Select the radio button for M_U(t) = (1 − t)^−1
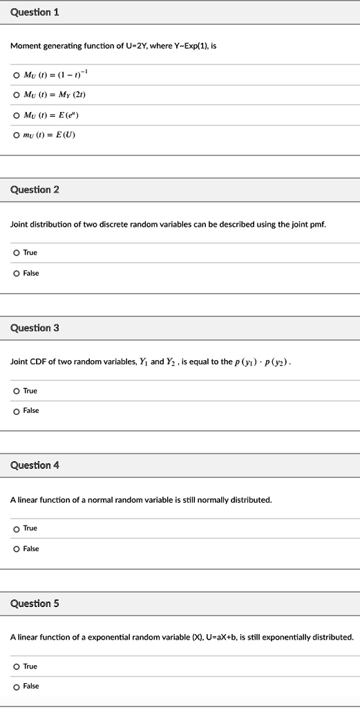[16, 75]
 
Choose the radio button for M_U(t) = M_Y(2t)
[16, 95]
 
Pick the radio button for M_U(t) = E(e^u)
[16, 115]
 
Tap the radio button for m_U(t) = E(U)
[16, 134]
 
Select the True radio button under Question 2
[16, 253]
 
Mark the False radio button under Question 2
[16, 273]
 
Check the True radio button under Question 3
[16, 391]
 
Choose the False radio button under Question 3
[16, 411]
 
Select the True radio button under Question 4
[16, 529]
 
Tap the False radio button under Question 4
[16, 549]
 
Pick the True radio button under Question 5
[16, 667]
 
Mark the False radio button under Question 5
[16, 687]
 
